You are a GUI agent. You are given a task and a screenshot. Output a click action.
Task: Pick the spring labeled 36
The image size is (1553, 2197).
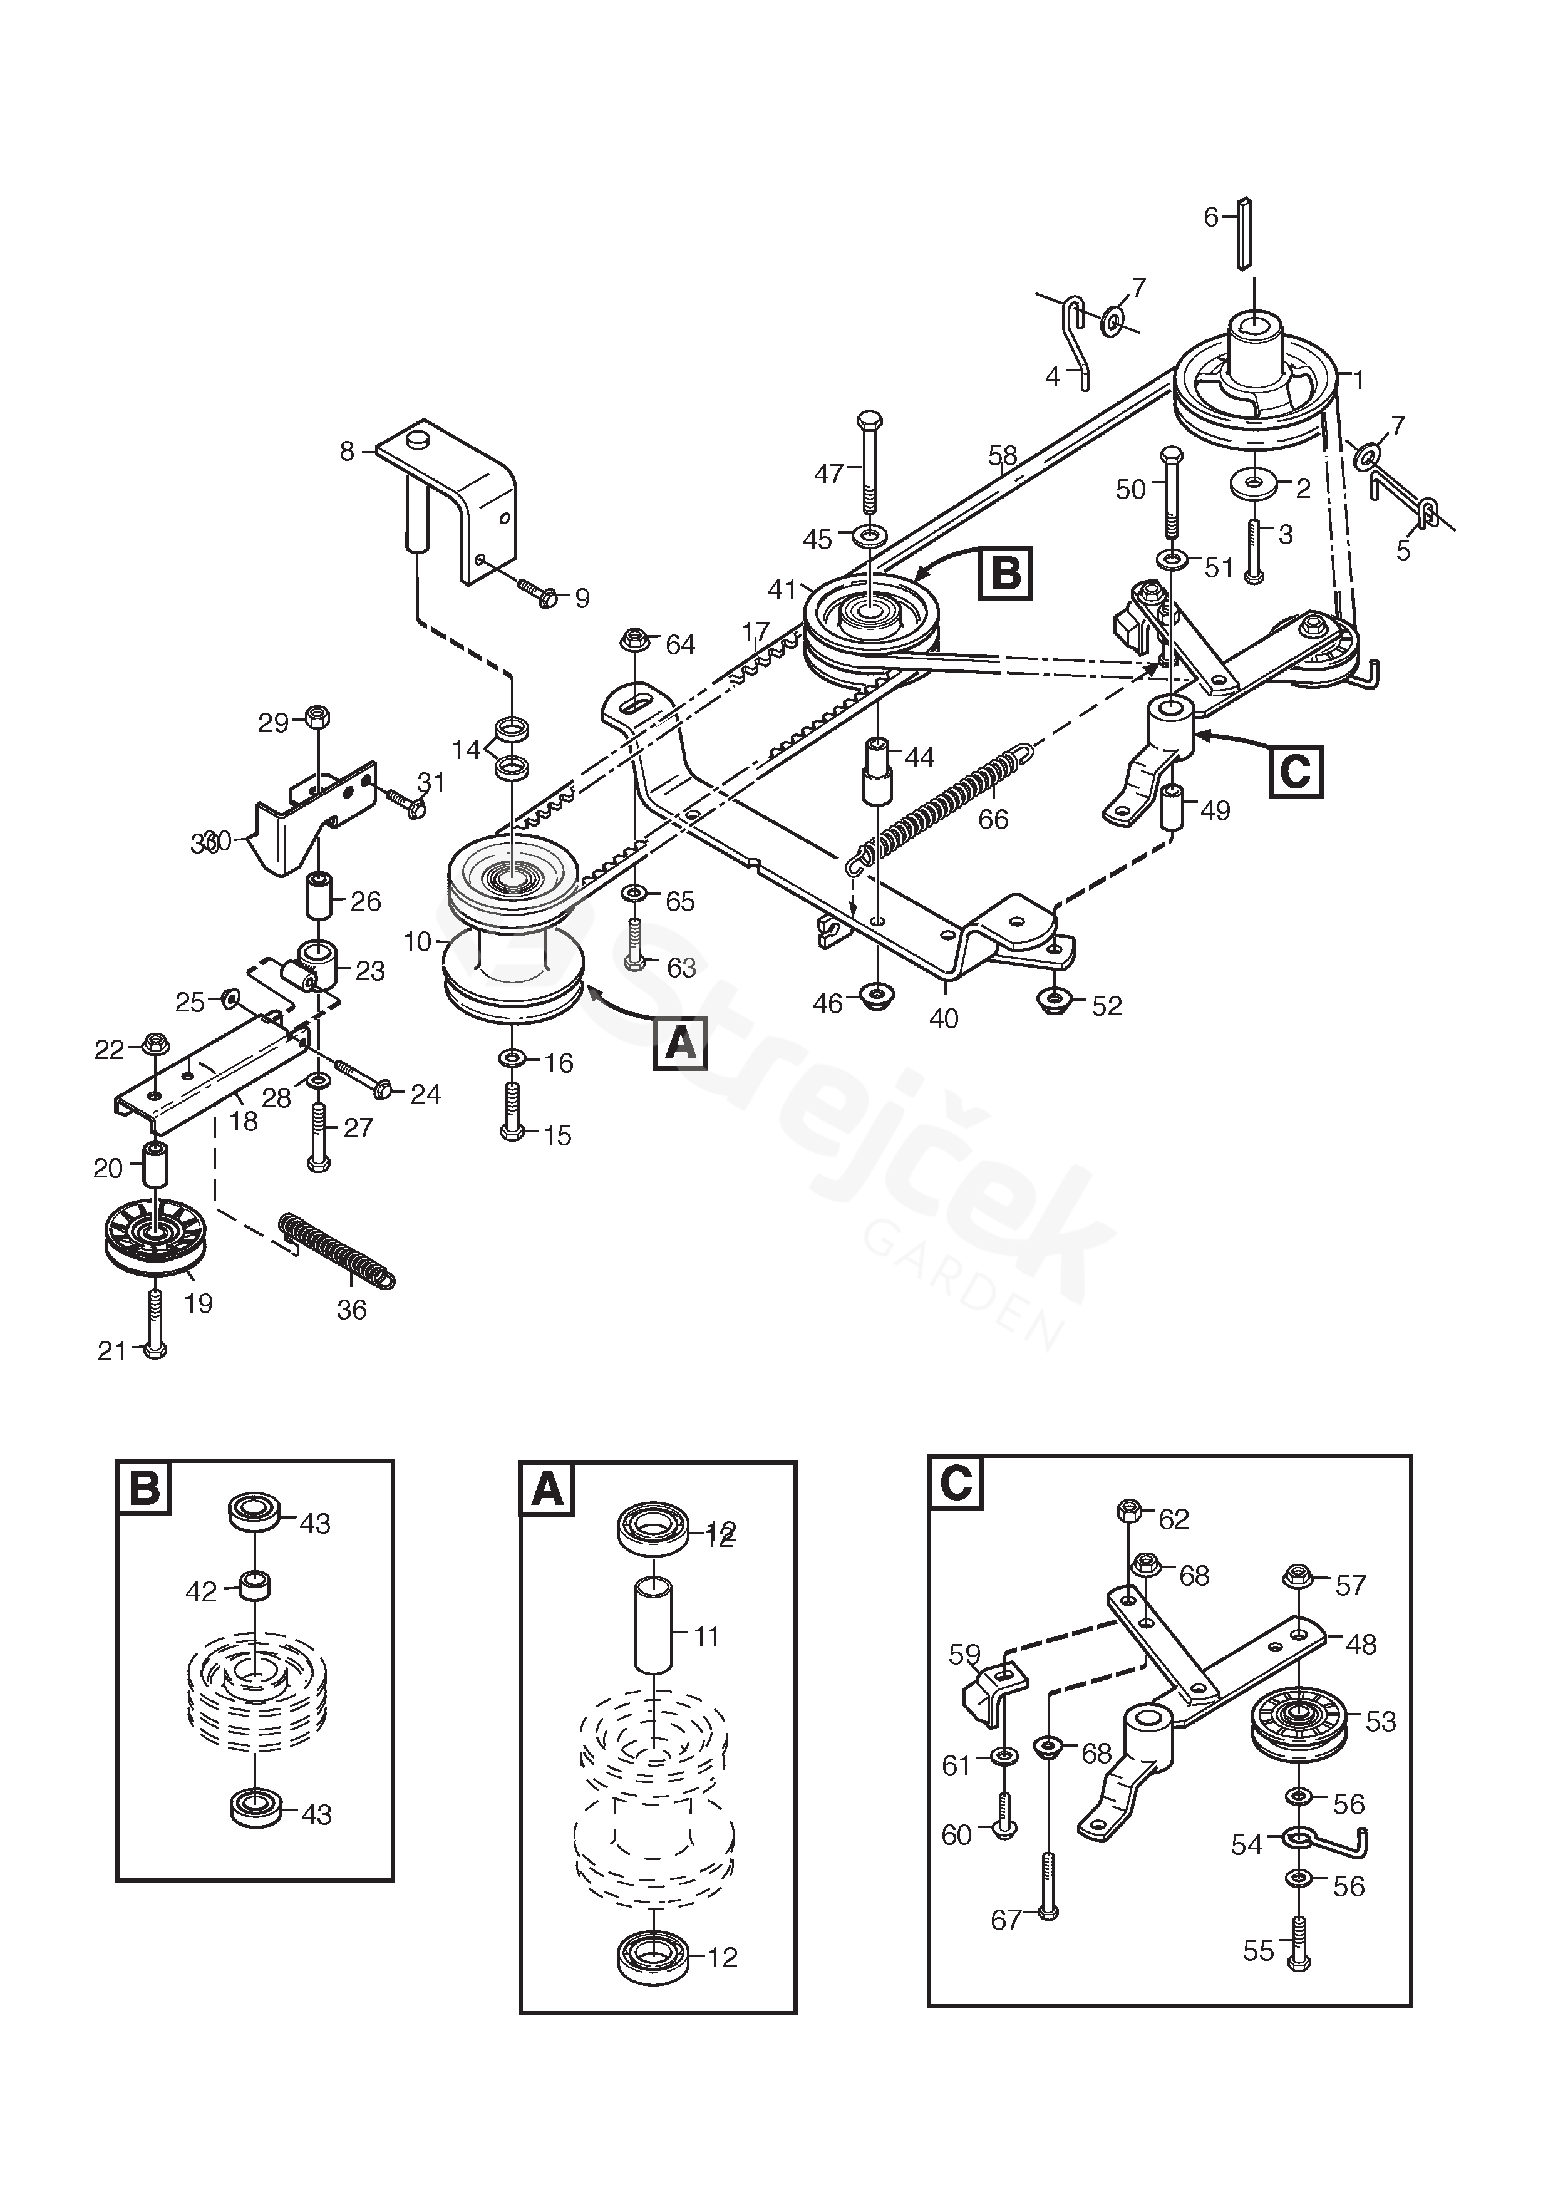click(336, 1249)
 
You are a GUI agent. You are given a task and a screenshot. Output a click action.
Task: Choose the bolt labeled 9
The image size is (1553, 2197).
click(540, 593)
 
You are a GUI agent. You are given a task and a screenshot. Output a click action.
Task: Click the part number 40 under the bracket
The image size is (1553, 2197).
click(944, 1019)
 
